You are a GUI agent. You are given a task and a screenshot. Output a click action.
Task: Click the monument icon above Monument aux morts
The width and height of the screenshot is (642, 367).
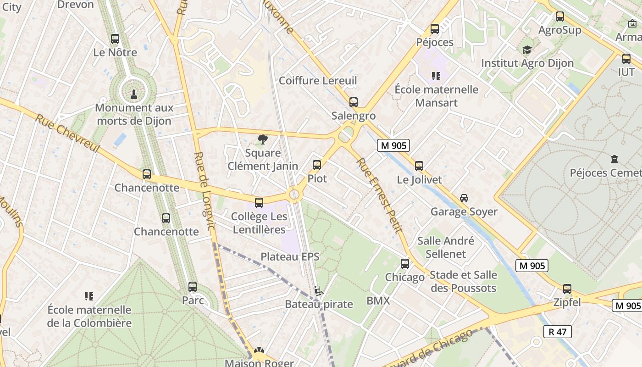(x=133, y=95)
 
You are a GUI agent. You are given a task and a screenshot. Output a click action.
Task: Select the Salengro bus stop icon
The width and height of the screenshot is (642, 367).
(x=353, y=102)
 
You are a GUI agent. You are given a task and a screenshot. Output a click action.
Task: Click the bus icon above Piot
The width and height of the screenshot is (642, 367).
(x=317, y=165)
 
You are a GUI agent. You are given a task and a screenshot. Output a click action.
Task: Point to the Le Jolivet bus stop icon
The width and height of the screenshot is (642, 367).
(x=419, y=166)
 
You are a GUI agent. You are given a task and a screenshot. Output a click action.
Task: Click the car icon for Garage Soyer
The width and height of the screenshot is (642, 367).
(x=464, y=198)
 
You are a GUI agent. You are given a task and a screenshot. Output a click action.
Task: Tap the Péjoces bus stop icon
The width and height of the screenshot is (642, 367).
(x=434, y=29)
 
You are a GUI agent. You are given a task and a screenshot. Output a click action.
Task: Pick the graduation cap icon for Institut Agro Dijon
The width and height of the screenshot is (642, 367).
(x=527, y=50)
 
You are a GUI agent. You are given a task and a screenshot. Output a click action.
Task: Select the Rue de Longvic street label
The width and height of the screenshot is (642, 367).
(x=205, y=191)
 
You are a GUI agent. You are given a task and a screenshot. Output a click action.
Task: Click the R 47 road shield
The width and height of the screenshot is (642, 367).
(x=557, y=332)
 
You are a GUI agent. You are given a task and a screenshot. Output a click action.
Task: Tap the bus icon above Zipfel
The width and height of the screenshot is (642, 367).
(x=567, y=289)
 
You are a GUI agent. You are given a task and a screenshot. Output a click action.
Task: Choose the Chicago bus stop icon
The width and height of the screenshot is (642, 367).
(x=405, y=264)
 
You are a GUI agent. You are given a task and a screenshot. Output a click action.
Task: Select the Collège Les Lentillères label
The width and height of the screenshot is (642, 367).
(x=260, y=222)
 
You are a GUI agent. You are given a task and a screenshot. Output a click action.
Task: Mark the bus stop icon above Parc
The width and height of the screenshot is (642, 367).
(x=193, y=287)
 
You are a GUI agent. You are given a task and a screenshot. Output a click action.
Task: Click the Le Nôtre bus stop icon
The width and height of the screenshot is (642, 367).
(x=115, y=39)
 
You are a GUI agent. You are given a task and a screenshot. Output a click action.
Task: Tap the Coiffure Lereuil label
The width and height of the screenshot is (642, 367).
(x=318, y=81)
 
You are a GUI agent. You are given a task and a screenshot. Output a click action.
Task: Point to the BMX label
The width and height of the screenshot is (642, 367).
(x=378, y=301)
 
